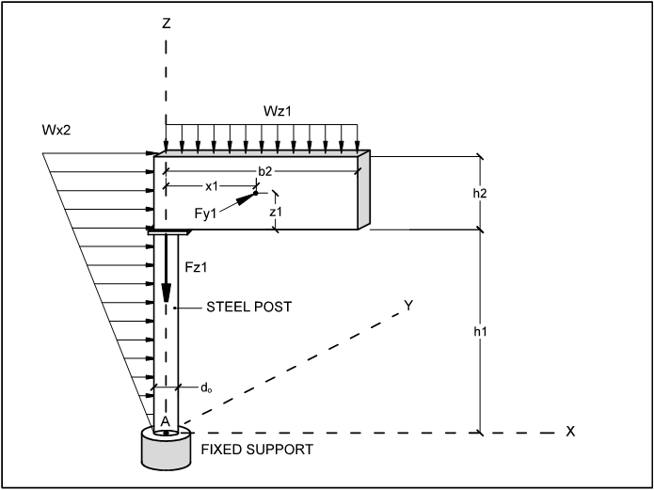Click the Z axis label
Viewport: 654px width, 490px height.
point(167,24)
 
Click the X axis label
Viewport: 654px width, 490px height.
point(570,432)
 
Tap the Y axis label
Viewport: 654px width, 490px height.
point(408,306)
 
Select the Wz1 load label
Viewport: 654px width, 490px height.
point(277,111)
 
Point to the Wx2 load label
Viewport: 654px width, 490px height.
point(56,130)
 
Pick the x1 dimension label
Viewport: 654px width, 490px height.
point(212,186)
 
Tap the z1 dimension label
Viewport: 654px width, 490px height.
point(276,212)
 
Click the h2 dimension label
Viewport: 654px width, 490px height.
point(480,193)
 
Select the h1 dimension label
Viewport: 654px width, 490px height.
point(480,332)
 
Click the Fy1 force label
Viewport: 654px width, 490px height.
point(206,213)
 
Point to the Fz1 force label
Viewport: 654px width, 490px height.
point(196,268)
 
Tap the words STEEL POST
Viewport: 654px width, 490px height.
point(249,307)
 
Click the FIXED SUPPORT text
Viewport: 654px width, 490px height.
point(257,450)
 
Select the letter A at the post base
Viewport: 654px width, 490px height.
point(166,422)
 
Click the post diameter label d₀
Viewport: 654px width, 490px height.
point(206,388)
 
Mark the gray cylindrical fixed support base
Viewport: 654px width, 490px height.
point(167,449)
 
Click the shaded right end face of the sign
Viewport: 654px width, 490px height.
point(364,190)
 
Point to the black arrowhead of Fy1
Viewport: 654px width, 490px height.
point(247,198)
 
